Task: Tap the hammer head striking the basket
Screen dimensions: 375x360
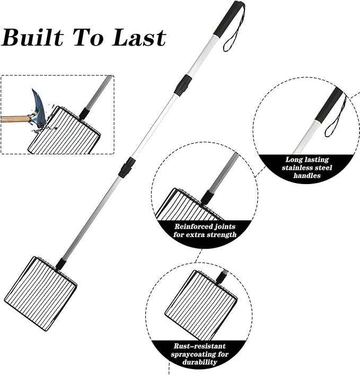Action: click(x=38, y=109)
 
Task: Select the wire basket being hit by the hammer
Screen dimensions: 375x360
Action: click(x=65, y=133)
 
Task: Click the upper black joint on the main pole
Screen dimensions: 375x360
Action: click(x=182, y=85)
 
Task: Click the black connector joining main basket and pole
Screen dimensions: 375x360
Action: click(x=61, y=263)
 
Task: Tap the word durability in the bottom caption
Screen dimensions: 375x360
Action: click(x=200, y=362)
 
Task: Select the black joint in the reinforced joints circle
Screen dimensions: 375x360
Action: click(x=207, y=197)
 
